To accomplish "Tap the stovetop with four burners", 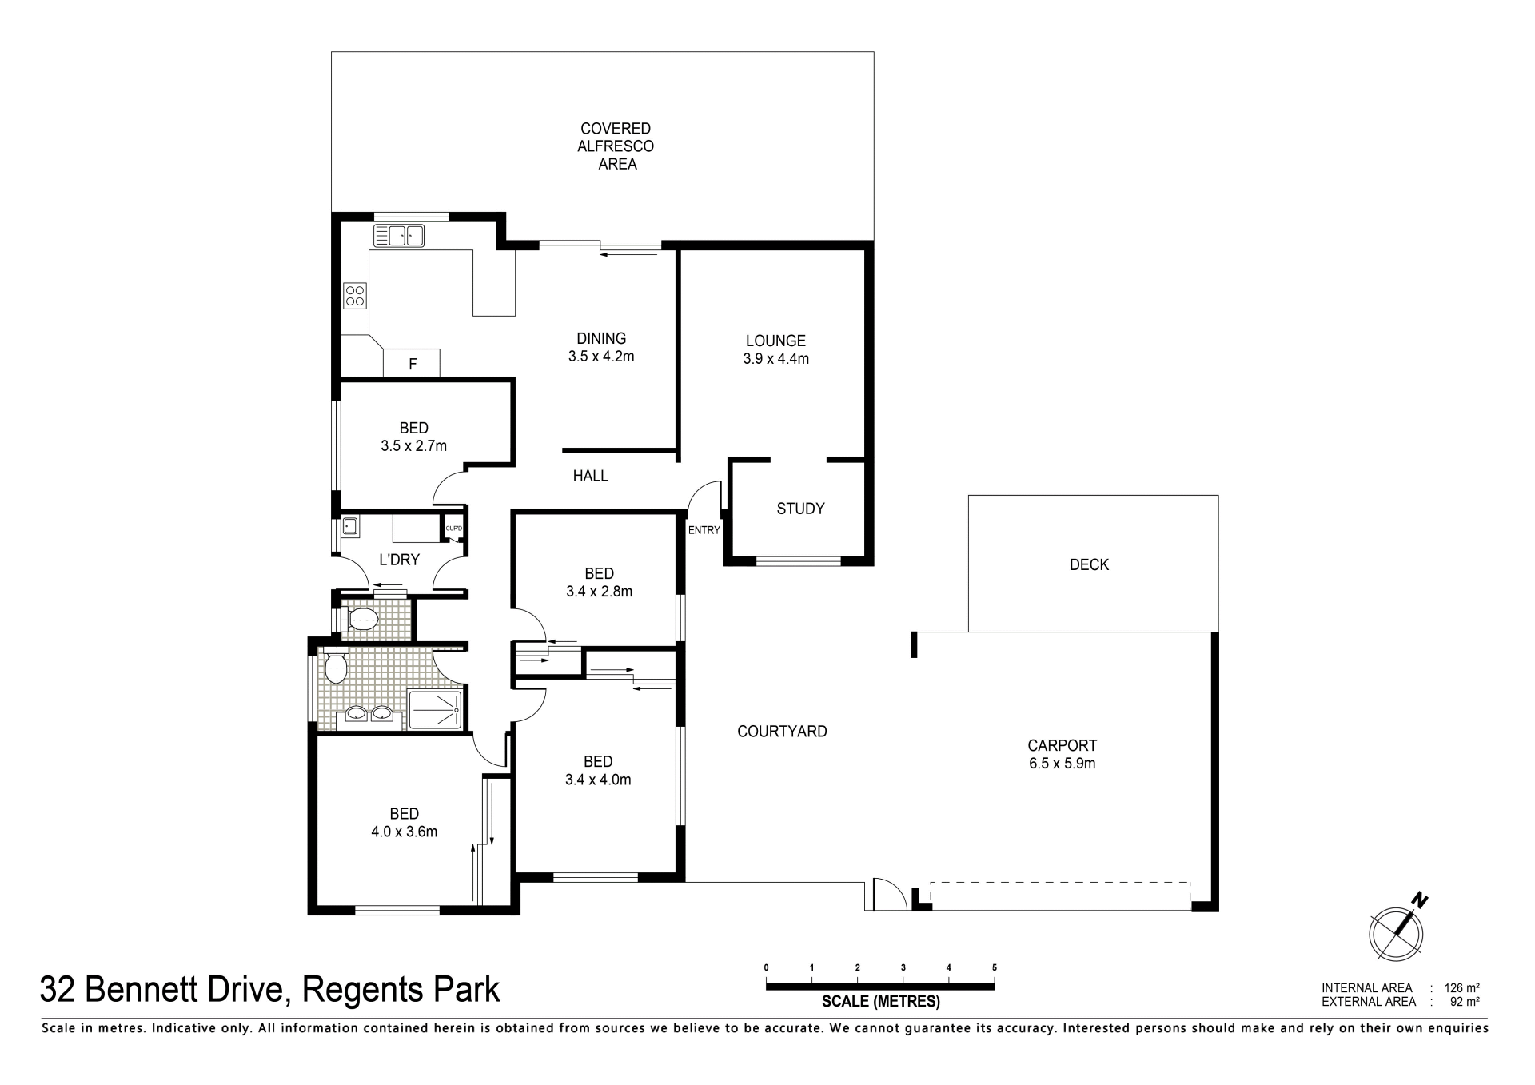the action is point(355,296).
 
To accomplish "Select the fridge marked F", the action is point(412,363).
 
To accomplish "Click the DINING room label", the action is point(601,338).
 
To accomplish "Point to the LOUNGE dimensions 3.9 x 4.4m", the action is point(775,359).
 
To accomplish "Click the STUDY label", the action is point(800,509).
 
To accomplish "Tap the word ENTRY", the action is point(704,530).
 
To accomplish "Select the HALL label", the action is point(591,476).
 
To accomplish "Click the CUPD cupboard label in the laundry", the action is point(453,528).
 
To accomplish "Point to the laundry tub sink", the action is point(349,526).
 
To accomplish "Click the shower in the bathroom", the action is point(436,710).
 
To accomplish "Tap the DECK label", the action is point(1089,564).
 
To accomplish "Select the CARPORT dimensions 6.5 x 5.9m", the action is point(1062,764).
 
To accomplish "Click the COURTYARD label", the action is point(782,731).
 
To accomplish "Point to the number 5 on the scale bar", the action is point(995,967).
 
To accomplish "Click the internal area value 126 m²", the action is point(1461,988).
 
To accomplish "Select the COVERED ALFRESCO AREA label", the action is point(616,146).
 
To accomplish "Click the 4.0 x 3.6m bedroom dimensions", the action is point(404,832).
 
